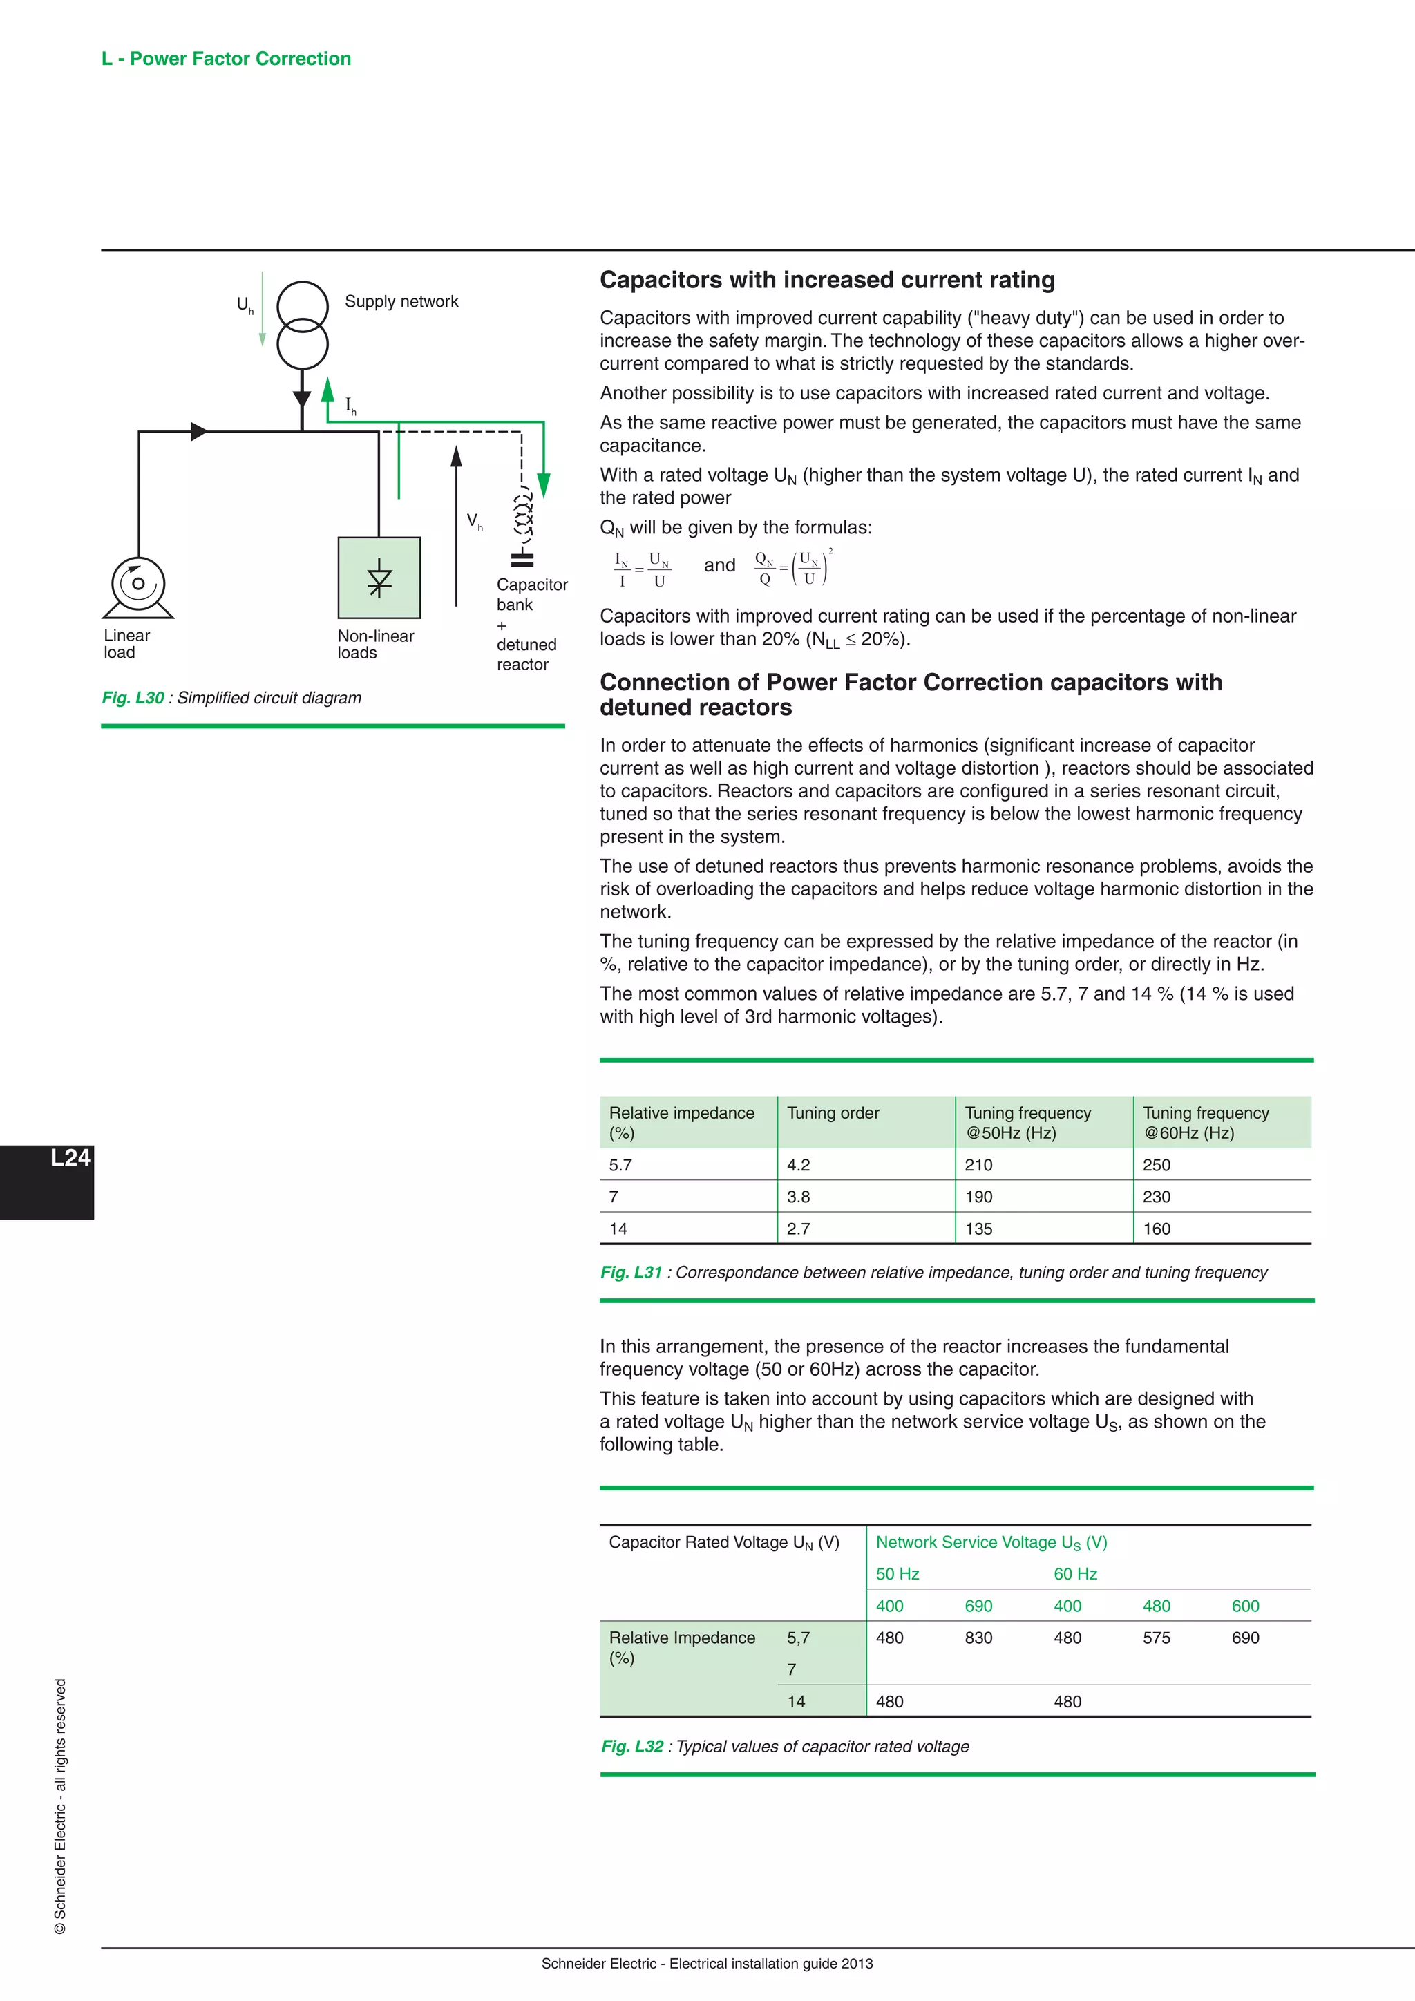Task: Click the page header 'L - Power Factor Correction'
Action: click(226, 59)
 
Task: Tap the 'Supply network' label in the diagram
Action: click(401, 301)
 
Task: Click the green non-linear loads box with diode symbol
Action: click(379, 578)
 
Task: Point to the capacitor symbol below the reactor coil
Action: click(522, 559)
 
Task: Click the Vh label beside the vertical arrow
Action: click(475, 521)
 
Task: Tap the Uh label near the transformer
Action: click(245, 304)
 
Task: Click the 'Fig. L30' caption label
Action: click(133, 698)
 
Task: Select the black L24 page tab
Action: click(48, 1181)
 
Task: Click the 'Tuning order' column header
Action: click(833, 1113)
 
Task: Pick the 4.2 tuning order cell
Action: click(798, 1165)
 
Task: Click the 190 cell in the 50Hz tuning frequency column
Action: click(978, 1197)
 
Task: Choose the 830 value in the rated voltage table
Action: click(978, 1638)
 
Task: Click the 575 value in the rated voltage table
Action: click(1156, 1638)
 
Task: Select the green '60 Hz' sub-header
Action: click(1075, 1574)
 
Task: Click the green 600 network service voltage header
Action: click(1245, 1606)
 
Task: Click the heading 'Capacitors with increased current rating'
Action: click(827, 280)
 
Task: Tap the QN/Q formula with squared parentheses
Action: click(793, 567)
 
